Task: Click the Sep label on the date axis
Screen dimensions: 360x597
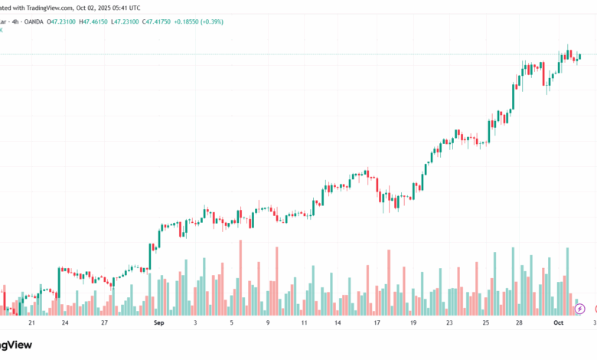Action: [158, 323]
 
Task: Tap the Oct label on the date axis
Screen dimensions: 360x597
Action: [559, 323]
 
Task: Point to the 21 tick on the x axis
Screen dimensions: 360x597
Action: [31, 323]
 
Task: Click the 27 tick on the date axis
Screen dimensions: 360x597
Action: [104, 323]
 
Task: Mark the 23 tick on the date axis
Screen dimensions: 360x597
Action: [450, 323]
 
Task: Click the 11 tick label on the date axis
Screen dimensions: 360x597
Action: [304, 323]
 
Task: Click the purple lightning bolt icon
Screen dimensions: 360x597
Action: [580, 309]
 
